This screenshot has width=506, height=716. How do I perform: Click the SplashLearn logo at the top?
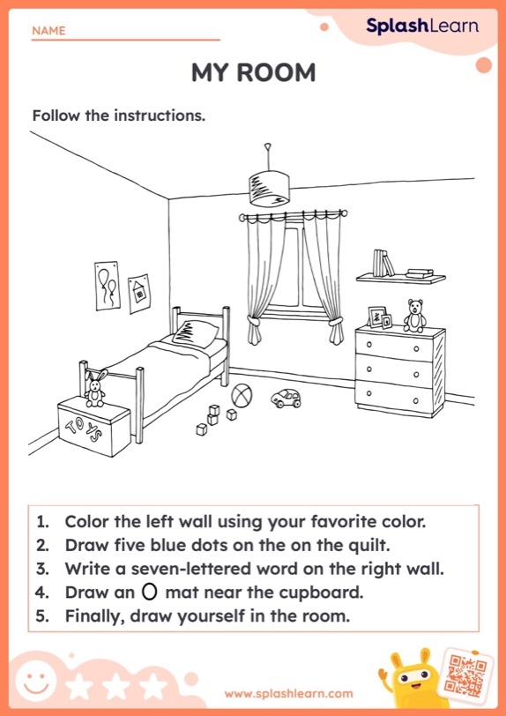422,26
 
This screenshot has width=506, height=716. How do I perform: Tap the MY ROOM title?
253,73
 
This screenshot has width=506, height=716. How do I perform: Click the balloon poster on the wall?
108,285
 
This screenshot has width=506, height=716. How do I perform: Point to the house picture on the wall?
138,293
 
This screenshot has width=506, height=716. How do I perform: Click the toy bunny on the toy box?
94,387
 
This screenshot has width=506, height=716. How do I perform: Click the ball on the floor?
241,395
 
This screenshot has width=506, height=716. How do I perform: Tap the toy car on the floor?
285,399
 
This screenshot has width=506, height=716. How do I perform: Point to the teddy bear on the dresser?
414,314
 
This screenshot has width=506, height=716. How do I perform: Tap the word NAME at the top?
48,31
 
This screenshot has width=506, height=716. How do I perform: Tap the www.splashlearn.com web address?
287,694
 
